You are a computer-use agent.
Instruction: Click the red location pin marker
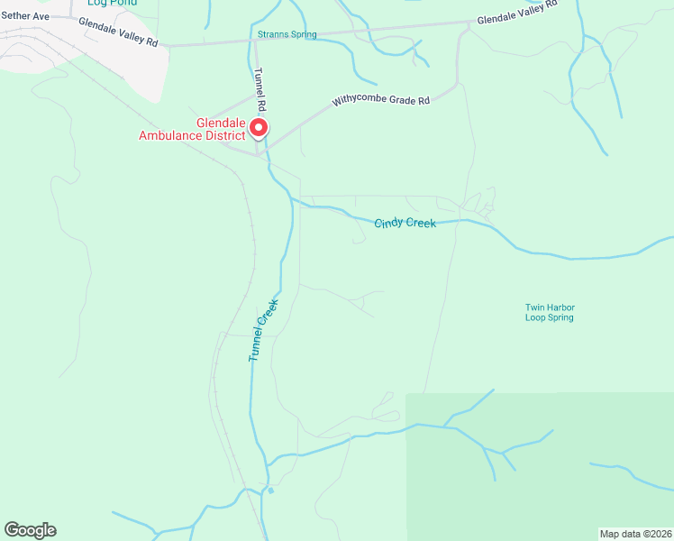point(259,128)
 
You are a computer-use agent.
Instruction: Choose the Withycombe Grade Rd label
point(379,100)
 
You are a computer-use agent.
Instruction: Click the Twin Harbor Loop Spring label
point(550,312)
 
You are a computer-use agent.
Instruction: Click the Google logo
point(30,530)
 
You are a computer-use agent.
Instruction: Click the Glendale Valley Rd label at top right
point(517,14)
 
